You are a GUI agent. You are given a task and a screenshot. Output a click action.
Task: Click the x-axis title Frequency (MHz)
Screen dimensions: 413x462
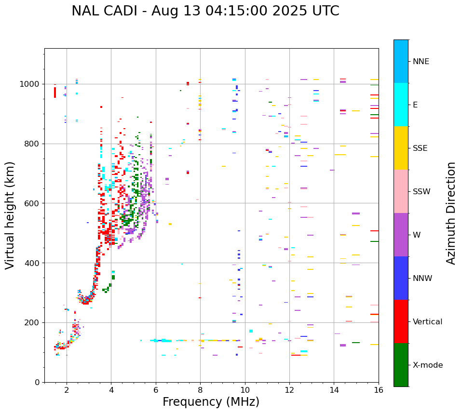211,402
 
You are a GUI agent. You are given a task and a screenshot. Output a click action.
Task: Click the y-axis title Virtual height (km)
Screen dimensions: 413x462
10,215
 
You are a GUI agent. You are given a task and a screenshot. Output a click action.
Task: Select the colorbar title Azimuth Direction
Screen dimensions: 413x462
451,213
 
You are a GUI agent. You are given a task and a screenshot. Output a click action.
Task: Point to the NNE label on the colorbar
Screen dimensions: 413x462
421,62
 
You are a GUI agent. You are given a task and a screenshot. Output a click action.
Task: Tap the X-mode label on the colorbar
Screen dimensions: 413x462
427,365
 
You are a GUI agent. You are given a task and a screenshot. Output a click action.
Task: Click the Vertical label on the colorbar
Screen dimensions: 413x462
427,322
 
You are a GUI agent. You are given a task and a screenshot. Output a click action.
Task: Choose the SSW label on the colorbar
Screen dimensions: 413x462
421,192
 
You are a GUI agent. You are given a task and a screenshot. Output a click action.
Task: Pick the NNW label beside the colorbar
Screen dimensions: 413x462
422,279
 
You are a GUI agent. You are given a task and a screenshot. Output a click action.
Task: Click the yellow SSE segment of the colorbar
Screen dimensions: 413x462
401,148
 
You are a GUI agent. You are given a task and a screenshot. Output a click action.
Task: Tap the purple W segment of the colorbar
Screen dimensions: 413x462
401,235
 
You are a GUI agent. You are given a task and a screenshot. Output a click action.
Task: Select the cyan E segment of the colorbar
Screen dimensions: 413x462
401,105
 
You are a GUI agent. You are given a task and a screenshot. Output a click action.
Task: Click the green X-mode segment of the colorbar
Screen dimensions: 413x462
401,365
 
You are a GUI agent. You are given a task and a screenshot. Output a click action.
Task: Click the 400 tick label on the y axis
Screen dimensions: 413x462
33,263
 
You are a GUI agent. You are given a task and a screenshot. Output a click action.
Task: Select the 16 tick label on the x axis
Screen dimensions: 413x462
378,390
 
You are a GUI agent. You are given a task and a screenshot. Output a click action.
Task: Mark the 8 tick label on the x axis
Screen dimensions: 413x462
200,390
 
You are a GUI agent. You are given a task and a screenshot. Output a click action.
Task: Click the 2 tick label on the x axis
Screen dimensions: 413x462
67,390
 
